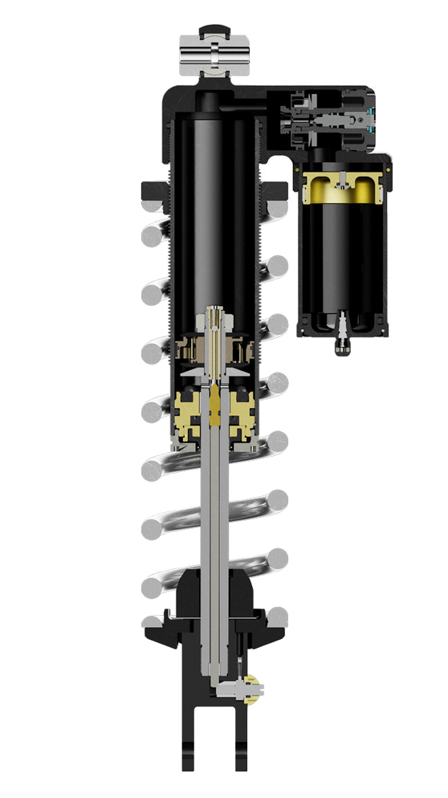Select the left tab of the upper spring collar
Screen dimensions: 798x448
pyautogui.click(x=150, y=191)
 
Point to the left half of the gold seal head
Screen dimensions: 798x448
pyautogui.click(x=191, y=413)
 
